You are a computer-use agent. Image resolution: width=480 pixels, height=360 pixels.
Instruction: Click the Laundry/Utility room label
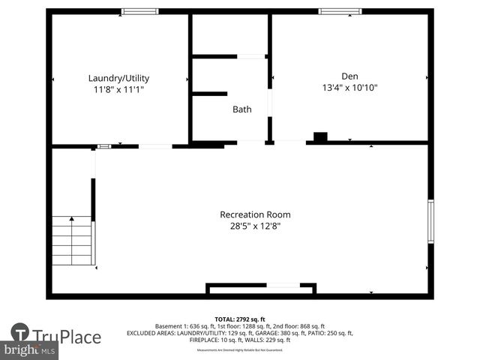[x=118, y=78]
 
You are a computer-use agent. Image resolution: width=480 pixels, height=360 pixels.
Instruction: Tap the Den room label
[x=350, y=76]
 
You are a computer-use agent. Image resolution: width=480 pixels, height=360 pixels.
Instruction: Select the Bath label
[x=241, y=109]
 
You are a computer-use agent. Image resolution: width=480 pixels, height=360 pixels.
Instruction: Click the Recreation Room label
[x=255, y=214]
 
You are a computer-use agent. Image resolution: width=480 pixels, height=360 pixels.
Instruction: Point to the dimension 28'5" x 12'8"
[x=256, y=226]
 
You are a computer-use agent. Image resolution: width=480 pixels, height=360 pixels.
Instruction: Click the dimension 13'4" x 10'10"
[x=350, y=88]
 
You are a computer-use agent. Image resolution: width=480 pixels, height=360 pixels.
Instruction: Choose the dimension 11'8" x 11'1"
[x=118, y=89]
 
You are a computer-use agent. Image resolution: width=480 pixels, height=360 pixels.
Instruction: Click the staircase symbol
[x=72, y=240]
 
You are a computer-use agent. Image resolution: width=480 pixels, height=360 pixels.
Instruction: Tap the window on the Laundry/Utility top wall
[x=140, y=11]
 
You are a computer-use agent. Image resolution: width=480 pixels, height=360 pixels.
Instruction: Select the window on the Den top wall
[x=340, y=11]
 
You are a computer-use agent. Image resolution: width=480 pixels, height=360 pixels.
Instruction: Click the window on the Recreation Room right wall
[x=430, y=221]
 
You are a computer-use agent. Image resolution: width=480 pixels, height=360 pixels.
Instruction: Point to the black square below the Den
[x=320, y=137]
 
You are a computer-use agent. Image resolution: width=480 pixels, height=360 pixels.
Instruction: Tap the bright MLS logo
[x=30, y=350]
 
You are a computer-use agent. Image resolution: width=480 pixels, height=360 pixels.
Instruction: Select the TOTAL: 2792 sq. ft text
[x=240, y=319]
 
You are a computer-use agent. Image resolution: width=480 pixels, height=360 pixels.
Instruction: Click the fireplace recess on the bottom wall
[x=261, y=289]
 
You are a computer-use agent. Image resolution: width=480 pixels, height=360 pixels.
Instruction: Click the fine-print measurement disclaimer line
[x=240, y=350]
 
